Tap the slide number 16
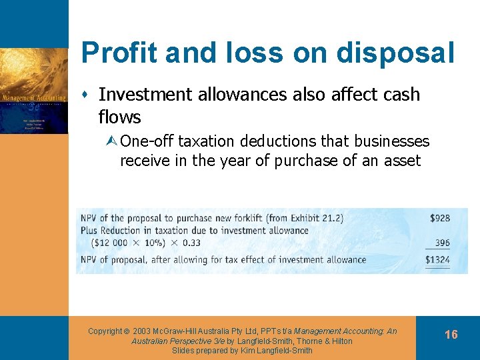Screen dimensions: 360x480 (451, 334)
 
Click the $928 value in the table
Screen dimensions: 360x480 (439, 218)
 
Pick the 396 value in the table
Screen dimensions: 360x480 (442, 243)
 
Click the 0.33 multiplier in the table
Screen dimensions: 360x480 (191, 243)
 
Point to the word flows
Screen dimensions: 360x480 (119, 117)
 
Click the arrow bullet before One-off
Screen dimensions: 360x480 (112, 142)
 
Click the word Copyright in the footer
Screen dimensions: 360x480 (105, 331)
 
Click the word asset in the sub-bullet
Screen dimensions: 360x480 (403, 161)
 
